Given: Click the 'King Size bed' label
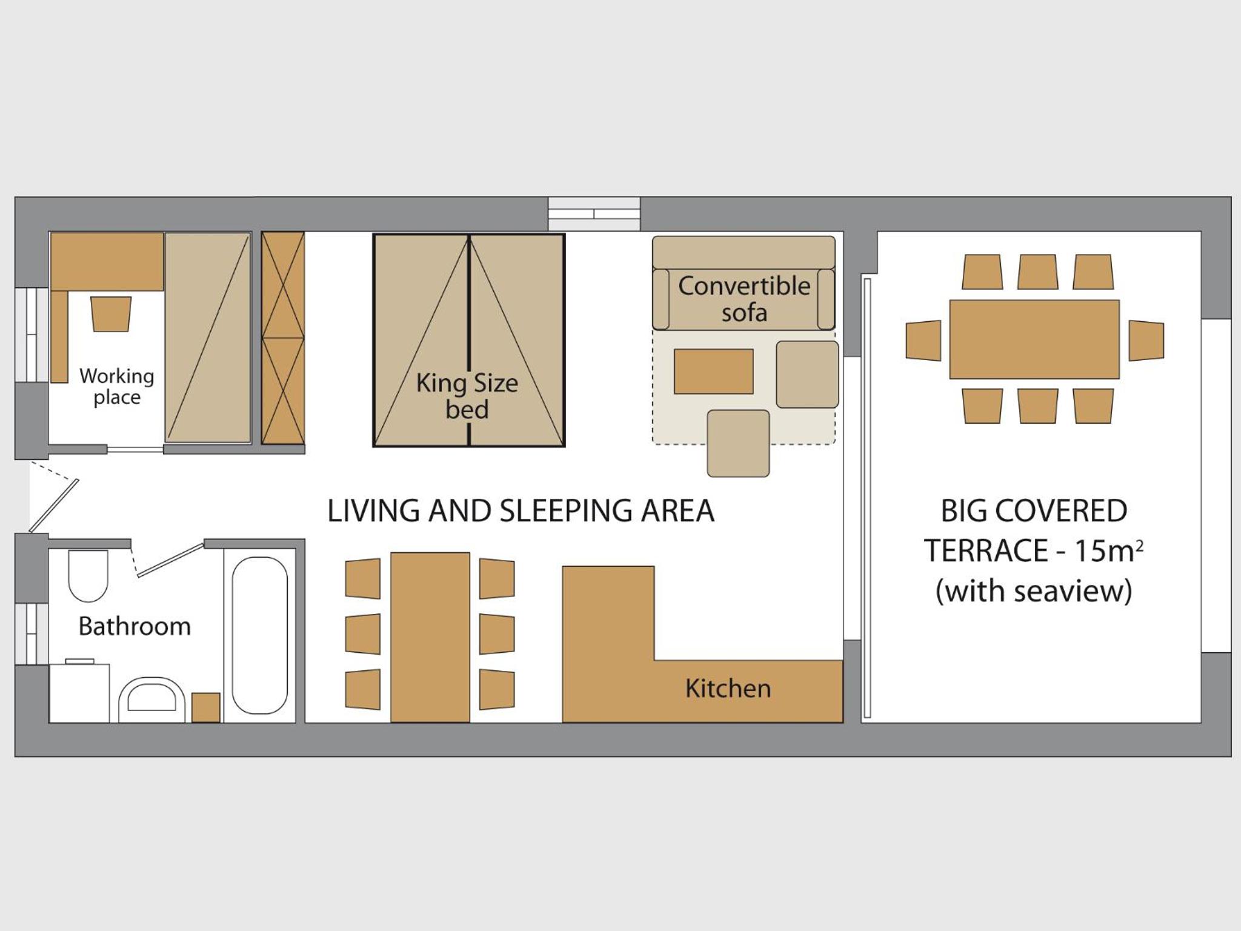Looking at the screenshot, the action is coord(467,396).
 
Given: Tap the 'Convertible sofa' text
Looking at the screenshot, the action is coord(744,299).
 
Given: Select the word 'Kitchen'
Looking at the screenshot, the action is coord(728,689).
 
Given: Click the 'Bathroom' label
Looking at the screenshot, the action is coord(135,626).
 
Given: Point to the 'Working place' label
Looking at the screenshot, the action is coord(116,386).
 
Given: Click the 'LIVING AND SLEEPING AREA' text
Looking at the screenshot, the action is coord(521,510).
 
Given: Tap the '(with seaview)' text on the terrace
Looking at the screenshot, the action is coord(1034,590).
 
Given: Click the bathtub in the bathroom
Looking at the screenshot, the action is coord(260,635).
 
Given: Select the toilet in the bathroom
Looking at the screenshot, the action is coord(88,576).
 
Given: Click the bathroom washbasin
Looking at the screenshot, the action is coord(151,699).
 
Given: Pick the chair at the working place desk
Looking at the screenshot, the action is coord(111,314).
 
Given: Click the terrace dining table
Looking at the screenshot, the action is coord(1034,339).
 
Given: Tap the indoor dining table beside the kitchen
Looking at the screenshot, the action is coord(430,637).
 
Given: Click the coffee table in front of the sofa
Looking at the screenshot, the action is coord(714,372).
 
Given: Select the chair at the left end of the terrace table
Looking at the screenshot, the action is coord(923,341).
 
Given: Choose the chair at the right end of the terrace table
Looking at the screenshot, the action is coord(1146,341).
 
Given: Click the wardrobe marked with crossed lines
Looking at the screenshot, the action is coord(283,338).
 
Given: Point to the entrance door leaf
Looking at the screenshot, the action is coord(54,506).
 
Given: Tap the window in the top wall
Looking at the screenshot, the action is coord(594,213).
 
